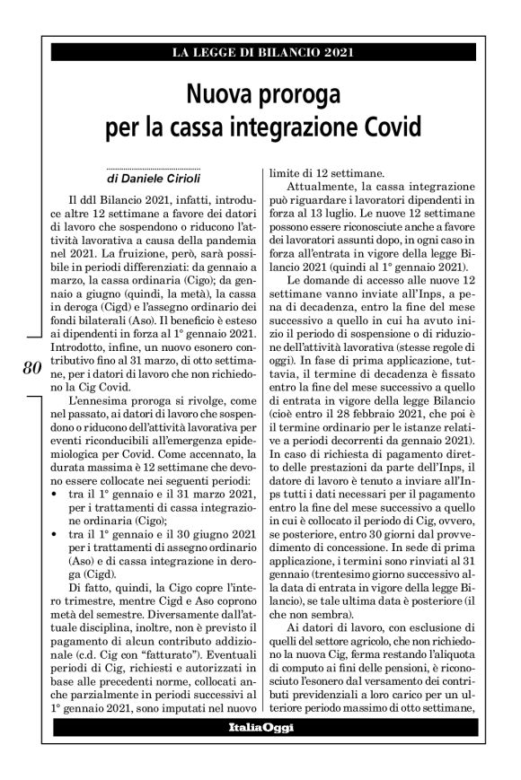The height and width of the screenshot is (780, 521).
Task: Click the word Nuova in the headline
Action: [x=218, y=93]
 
